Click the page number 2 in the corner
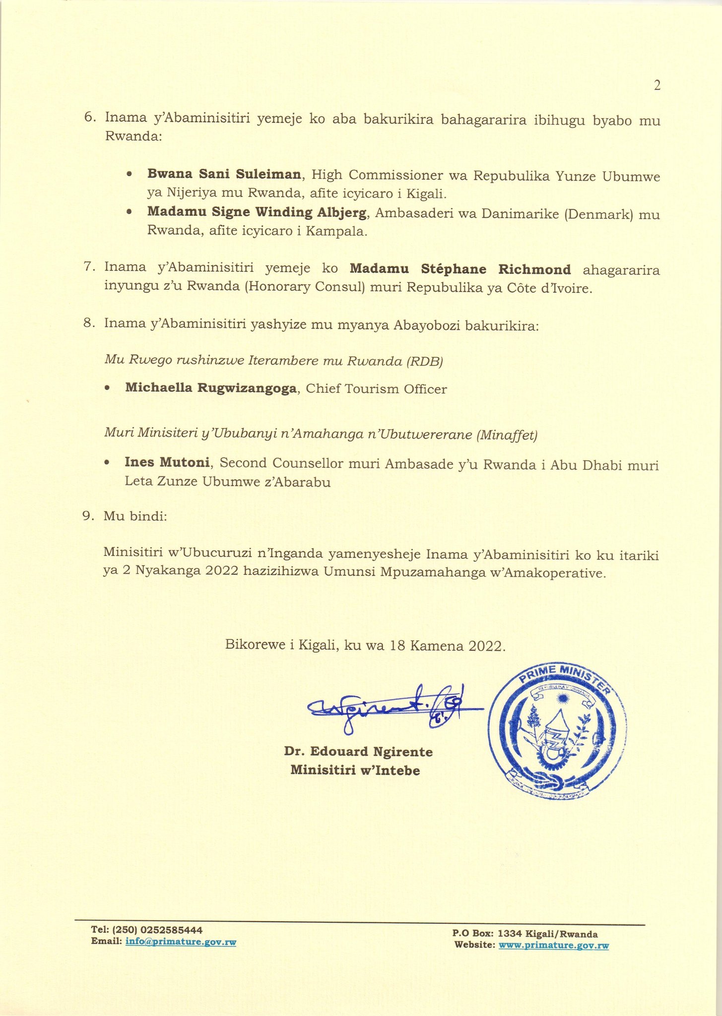(x=657, y=86)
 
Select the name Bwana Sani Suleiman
(x=224, y=175)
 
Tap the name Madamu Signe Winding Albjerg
(x=257, y=212)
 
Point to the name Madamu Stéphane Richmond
(x=460, y=269)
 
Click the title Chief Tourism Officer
(x=376, y=389)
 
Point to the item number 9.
(x=88, y=516)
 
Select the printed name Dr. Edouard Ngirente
(x=358, y=752)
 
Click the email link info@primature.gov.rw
(x=181, y=942)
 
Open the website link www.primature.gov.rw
(x=553, y=945)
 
